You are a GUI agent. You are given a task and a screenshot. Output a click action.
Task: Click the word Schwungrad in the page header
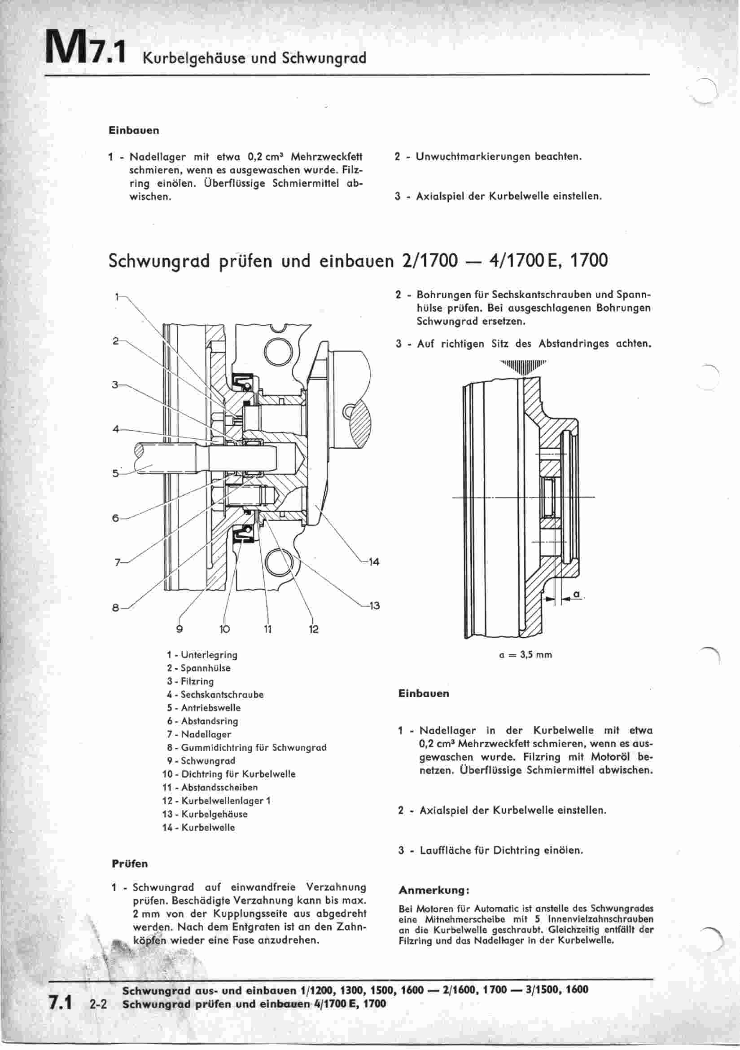click(324, 58)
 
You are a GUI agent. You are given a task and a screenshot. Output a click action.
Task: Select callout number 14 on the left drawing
click(374, 562)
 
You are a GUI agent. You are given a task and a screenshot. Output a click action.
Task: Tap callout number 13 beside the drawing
click(374, 606)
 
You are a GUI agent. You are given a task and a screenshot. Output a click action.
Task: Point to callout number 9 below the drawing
click(180, 629)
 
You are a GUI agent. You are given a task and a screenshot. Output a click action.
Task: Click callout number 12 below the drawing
click(314, 629)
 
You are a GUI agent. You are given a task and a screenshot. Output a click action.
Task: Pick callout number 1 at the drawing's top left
click(117, 297)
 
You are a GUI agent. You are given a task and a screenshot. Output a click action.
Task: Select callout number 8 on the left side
click(116, 608)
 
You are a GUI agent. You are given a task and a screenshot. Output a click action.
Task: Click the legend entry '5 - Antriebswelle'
click(203, 707)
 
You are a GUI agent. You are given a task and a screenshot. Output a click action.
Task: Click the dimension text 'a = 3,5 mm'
click(525, 655)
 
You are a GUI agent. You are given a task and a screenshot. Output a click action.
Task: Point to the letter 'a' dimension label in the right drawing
click(576, 594)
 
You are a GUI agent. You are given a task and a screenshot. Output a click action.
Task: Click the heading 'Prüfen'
click(130, 864)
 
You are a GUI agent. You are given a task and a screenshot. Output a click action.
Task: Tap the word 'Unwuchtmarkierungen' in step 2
click(473, 156)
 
